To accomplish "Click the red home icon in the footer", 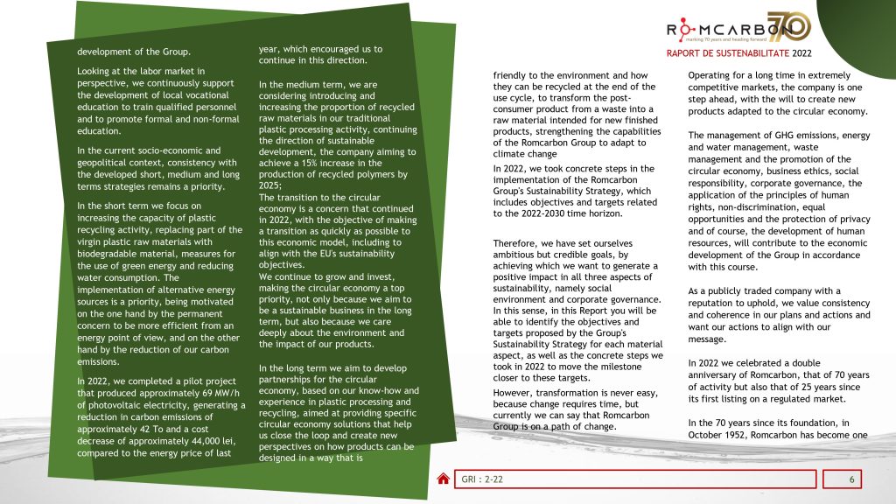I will (444, 479).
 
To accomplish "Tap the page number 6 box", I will (850, 479).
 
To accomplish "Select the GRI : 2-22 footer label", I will (482, 479).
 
